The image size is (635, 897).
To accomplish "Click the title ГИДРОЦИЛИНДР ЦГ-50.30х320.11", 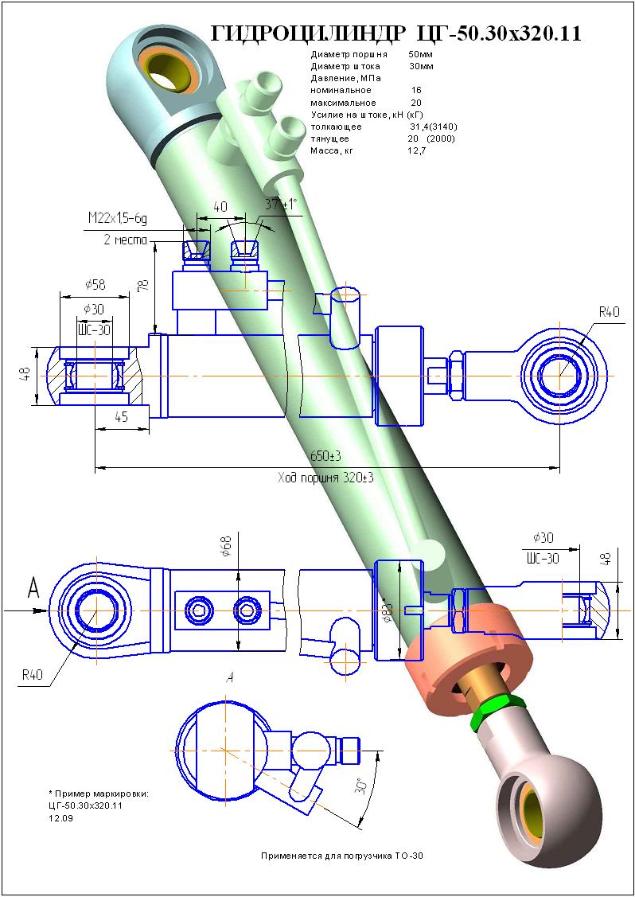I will tap(395, 33).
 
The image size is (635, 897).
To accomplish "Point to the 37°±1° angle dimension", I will tap(280, 205).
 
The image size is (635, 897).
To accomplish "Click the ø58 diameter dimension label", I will tap(95, 284).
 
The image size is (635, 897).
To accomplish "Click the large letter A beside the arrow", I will tap(33, 588).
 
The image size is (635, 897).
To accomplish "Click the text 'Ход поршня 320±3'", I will tap(325, 479).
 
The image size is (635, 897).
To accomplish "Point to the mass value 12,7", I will tap(416, 150).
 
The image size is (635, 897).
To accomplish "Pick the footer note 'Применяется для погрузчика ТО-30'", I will tap(343, 856).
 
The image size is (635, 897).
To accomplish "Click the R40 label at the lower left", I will tap(33, 675).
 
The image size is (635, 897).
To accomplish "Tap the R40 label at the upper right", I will tap(609, 311).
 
